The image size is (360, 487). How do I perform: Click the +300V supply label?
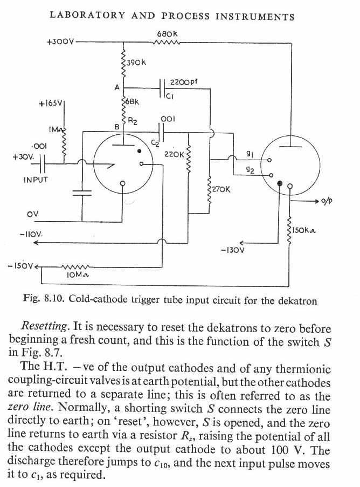click(x=60, y=42)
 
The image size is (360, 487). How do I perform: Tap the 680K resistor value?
click(x=168, y=34)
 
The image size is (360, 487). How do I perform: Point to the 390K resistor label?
click(x=136, y=63)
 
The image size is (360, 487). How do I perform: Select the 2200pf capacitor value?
click(x=184, y=83)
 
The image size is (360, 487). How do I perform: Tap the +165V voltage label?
click(x=52, y=105)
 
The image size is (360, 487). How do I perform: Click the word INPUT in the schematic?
click(x=36, y=180)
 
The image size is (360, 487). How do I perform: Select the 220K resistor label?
click(x=174, y=154)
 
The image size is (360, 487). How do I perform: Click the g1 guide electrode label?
click(x=250, y=154)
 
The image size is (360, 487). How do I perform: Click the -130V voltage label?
click(x=233, y=250)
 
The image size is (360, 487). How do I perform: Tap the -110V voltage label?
click(x=31, y=236)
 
